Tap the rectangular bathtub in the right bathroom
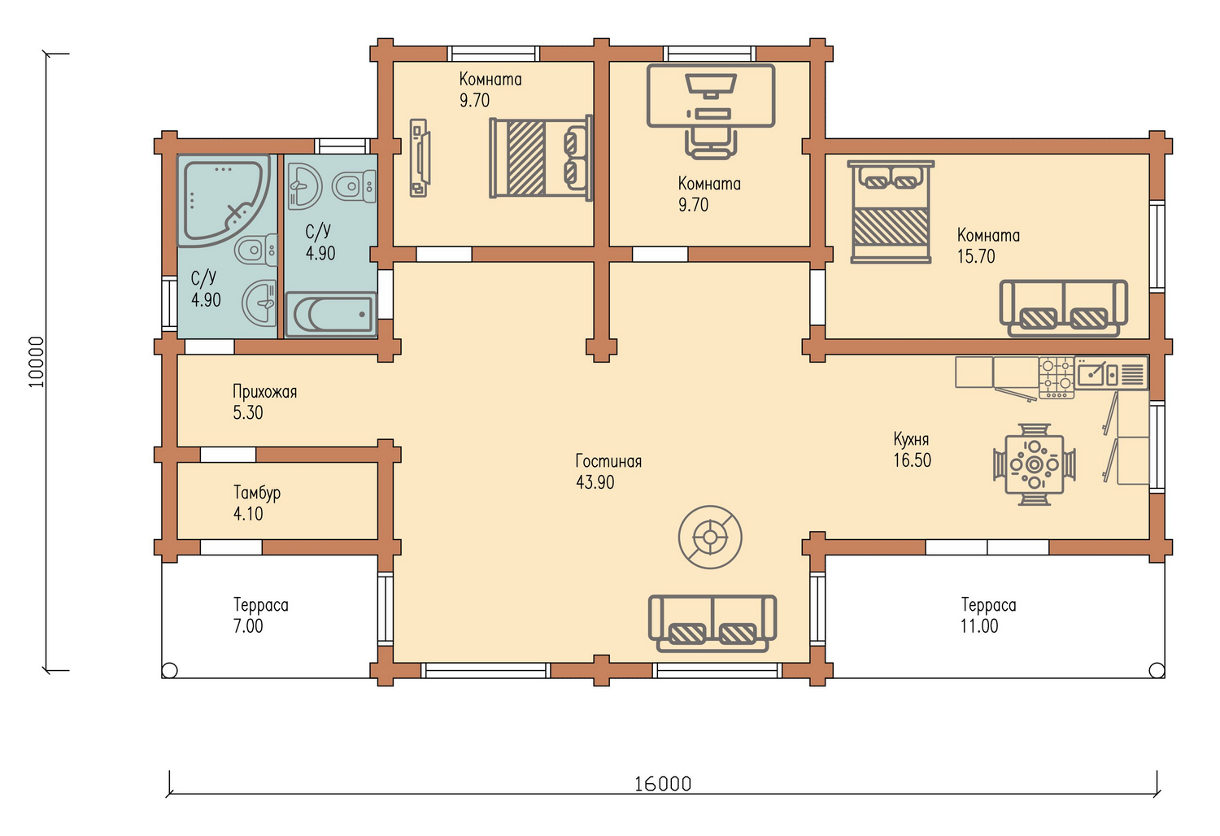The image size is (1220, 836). [331, 314]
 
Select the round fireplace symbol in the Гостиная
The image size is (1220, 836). [710, 537]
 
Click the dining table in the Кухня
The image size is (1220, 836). [1035, 464]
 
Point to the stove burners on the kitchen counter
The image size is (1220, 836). [1056, 377]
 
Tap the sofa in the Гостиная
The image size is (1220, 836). [712, 623]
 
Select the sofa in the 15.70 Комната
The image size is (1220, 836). [1063, 308]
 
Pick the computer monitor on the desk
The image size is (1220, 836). [711, 86]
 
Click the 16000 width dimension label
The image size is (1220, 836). [663, 784]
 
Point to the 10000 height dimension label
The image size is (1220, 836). [36, 362]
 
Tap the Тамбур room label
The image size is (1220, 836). [256, 493]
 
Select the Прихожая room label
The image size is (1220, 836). [264, 392]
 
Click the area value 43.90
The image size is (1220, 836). [595, 482]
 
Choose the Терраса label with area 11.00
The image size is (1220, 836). [988, 605]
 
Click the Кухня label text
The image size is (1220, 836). [911, 439]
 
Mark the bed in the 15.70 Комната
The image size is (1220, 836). [891, 212]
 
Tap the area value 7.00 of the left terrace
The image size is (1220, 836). [248, 626]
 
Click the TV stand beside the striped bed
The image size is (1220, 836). [419, 158]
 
